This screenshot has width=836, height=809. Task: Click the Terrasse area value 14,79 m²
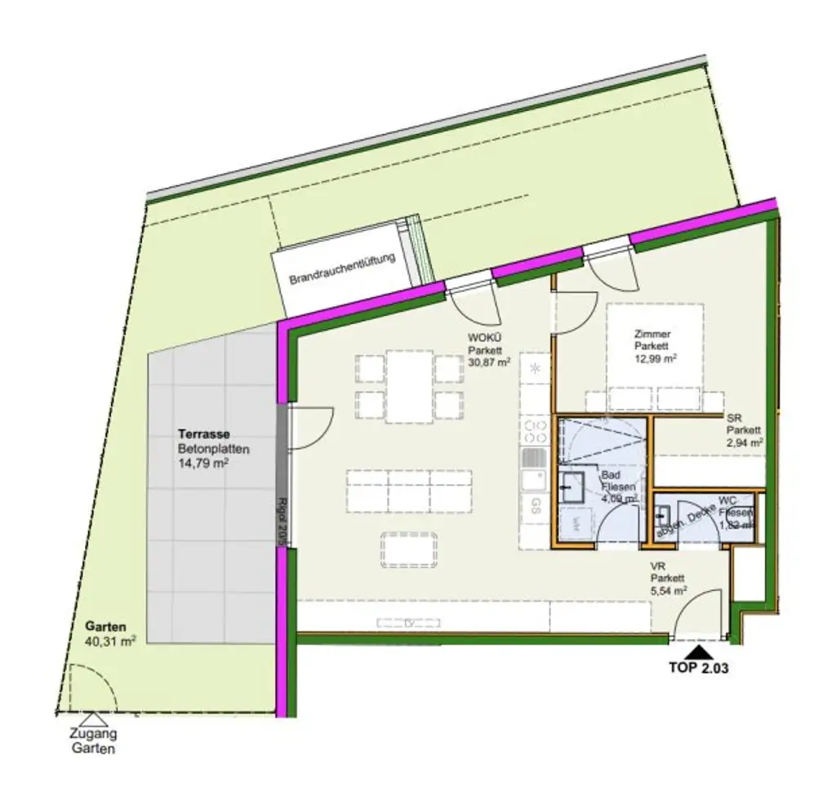[x=202, y=464]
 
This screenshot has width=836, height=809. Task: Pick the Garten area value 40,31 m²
[x=110, y=642]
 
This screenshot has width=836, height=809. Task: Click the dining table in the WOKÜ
[x=410, y=386]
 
